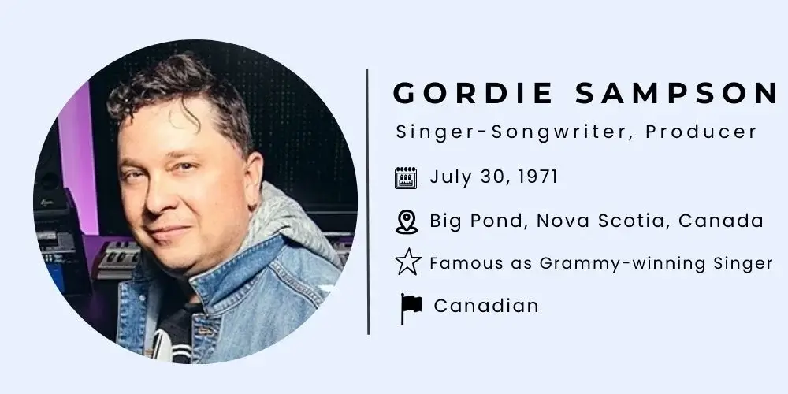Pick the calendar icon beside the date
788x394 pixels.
406,178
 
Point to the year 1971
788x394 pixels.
538,177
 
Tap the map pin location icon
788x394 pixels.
406,221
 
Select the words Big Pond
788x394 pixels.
476,221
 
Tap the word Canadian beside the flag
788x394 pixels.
486,306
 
